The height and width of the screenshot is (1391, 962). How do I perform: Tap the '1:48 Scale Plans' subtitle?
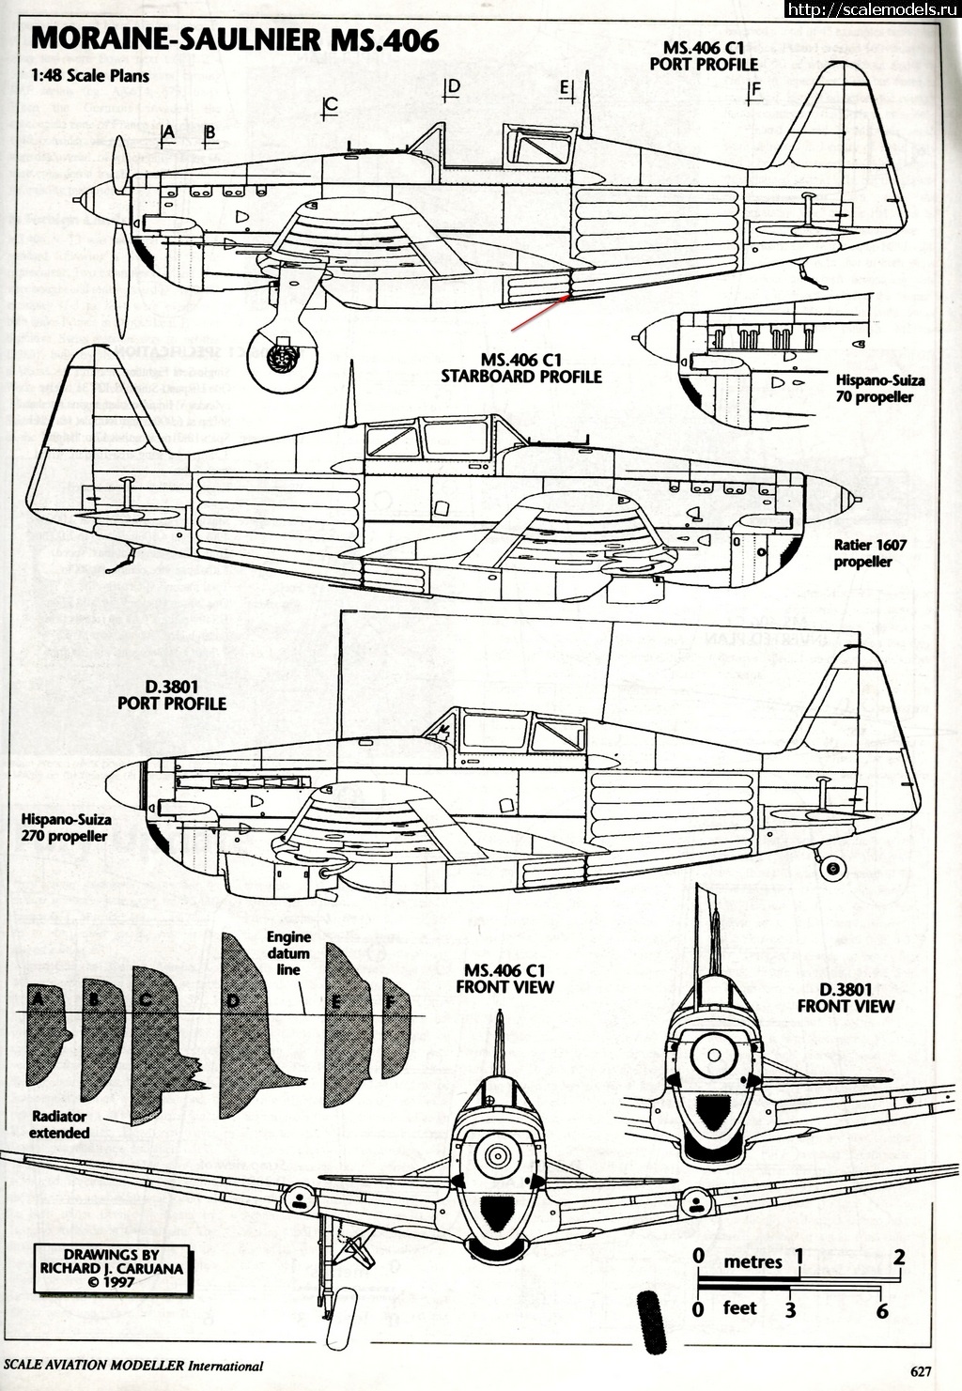pyautogui.click(x=89, y=75)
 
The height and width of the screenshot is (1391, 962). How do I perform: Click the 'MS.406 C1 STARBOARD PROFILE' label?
pyautogui.click(x=520, y=368)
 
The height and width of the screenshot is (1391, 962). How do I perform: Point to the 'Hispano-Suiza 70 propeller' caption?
pyautogui.click(x=879, y=389)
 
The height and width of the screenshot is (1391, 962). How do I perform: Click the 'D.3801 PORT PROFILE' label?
pyautogui.click(x=171, y=695)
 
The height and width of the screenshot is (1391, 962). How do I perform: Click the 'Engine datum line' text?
pyautogui.click(x=288, y=952)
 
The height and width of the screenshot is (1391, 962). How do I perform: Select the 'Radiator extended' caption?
pyautogui.click(x=58, y=1124)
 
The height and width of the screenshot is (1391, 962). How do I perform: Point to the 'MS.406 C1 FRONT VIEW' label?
pyautogui.click(x=504, y=979)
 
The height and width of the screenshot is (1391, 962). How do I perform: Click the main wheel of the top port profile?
pyautogui.click(x=279, y=357)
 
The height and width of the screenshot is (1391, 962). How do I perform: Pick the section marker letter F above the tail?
pyautogui.click(x=754, y=91)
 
